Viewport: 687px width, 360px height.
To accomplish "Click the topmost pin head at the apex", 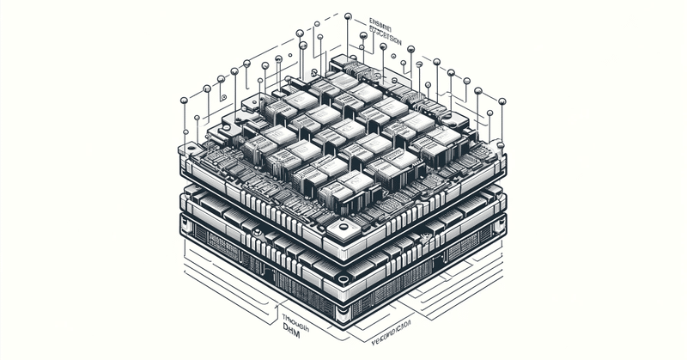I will pos(347,15).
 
